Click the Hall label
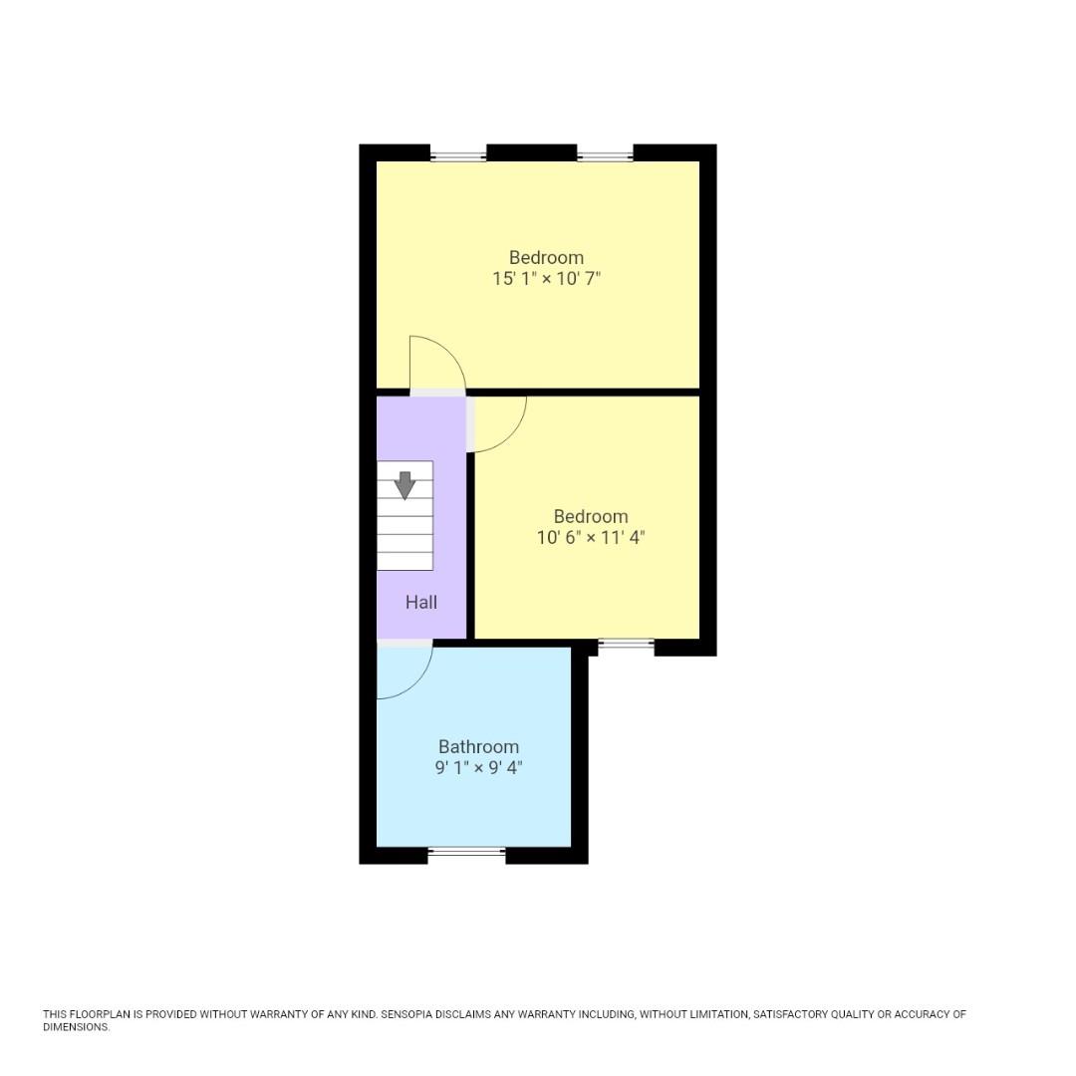pyautogui.click(x=420, y=603)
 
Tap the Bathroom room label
pyautogui.click(x=478, y=747)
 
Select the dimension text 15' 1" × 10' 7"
pyautogui.click(x=546, y=279)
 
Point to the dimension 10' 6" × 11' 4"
pyautogui.click(x=591, y=538)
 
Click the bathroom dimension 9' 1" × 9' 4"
pyautogui.click(x=478, y=768)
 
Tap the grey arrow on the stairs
pyautogui.click(x=404, y=485)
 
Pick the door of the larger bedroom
pyautogui.click(x=436, y=365)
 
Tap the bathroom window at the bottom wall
pyautogui.click(x=466, y=852)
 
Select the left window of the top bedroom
pyautogui.click(x=457, y=155)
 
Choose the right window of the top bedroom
pyautogui.click(x=604, y=155)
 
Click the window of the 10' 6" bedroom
pyautogui.click(x=626, y=646)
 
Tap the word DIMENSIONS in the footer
pyautogui.click(x=76, y=1027)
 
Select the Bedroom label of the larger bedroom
pyautogui.click(x=546, y=258)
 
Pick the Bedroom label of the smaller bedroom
pyautogui.click(x=591, y=517)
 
